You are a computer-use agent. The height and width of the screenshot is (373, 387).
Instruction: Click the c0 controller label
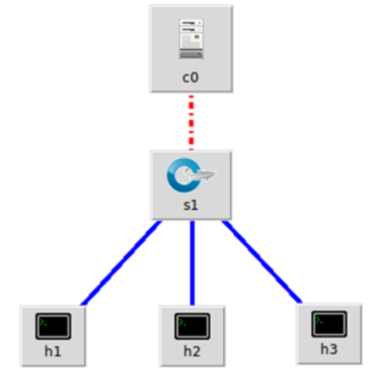(191, 78)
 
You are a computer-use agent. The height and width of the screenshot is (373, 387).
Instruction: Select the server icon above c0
(191, 39)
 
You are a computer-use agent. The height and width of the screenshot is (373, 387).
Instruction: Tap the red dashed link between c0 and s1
(191, 122)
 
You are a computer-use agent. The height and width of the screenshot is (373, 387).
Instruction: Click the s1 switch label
(191, 205)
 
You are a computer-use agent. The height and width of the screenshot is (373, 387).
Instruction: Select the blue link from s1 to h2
(192, 262)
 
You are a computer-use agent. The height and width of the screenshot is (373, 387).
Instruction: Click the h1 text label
(54, 351)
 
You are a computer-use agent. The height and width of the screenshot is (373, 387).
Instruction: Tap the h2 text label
(192, 351)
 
